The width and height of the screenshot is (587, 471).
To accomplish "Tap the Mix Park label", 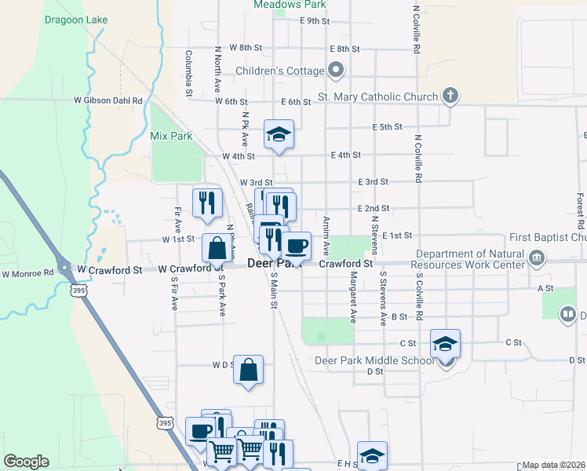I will point(171,136).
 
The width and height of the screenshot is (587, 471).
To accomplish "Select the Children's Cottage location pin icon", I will point(336,71).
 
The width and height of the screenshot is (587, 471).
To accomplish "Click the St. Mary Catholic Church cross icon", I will point(450,97).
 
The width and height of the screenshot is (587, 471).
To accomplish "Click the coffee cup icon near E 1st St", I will point(296,246).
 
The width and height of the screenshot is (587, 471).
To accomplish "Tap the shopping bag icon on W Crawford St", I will point(216,249).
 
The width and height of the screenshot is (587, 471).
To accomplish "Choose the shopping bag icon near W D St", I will point(248,370).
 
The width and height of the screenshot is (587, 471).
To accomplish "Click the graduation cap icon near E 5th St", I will point(279,134).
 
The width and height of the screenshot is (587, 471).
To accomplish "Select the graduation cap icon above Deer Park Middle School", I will point(445,344).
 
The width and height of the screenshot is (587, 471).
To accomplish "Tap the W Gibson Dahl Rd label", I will point(108,100).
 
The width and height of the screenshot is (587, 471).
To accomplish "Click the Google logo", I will point(26,462).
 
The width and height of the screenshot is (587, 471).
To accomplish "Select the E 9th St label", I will point(314,21).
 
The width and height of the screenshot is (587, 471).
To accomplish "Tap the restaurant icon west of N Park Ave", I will point(208,203).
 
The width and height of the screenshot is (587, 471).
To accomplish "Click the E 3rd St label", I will point(373,181).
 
